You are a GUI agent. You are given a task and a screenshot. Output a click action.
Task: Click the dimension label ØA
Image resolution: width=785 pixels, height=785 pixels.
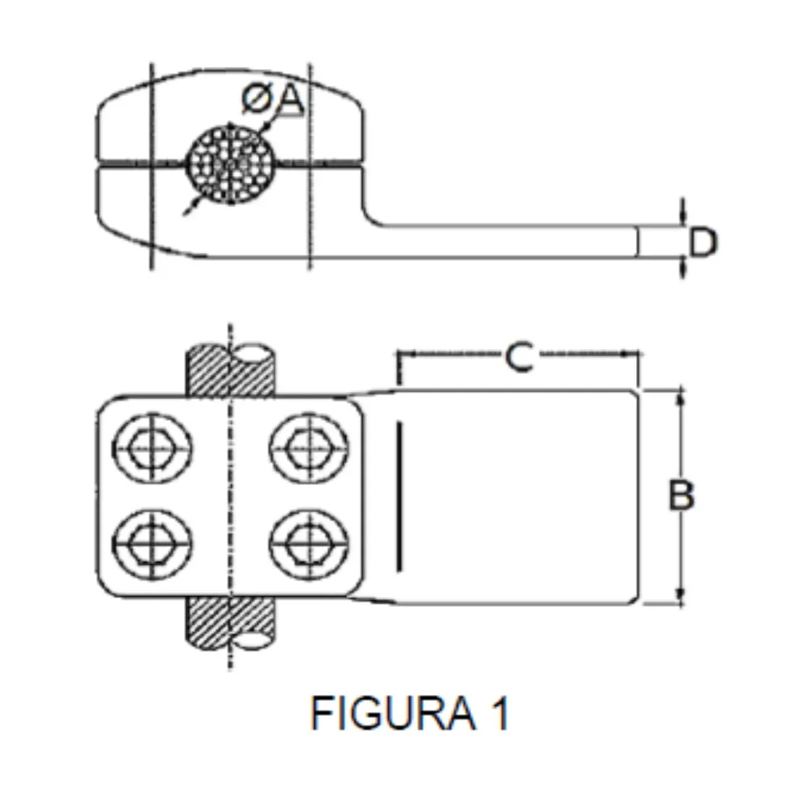click(x=272, y=100)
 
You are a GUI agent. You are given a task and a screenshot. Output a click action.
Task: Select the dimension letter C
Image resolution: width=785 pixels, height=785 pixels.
click(x=519, y=357)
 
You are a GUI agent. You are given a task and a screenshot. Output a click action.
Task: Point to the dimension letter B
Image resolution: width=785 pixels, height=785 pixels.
click(x=682, y=496)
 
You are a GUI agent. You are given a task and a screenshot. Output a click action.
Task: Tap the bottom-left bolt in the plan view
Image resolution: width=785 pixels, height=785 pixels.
click(x=153, y=543)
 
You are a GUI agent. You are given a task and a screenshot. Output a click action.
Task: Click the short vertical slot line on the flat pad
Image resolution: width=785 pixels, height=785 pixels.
click(x=398, y=496)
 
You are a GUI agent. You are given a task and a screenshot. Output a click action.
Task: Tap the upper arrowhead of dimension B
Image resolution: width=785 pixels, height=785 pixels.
click(x=680, y=397)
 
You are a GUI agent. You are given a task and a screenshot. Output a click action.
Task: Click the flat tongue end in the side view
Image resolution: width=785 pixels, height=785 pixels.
click(x=632, y=242)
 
